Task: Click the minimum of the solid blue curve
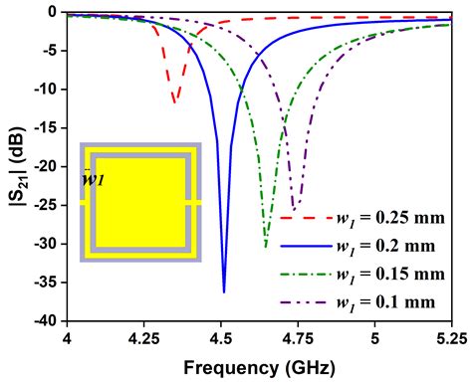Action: (223, 291)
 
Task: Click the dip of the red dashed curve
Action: (174, 101)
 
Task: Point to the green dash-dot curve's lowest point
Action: (266, 246)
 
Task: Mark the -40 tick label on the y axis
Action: (45, 320)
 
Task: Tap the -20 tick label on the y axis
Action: (45, 166)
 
